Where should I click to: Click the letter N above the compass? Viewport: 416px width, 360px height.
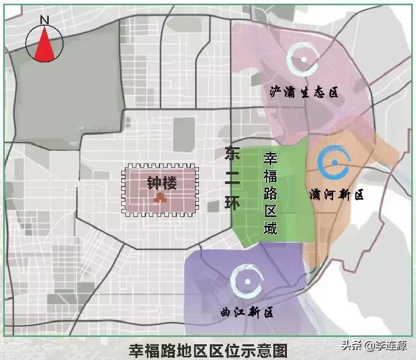coord(45,20)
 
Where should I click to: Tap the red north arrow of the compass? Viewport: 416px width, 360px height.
coord(45,44)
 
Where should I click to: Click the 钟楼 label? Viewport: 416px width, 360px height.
coord(162,183)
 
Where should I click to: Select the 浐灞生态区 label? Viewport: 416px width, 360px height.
coord(304,93)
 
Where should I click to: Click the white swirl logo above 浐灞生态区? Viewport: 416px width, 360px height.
coord(303,59)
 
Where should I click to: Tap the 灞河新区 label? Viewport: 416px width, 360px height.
coord(336,195)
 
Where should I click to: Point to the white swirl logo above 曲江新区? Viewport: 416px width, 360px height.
coord(246,280)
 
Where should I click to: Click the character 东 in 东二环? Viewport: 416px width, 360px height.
coord(231,154)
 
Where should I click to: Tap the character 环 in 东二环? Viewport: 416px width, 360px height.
coord(231,202)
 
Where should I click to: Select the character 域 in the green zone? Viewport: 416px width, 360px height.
coord(270,228)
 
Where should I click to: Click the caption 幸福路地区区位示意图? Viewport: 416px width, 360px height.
coord(208,350)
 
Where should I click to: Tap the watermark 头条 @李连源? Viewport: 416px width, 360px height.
coord(374,345)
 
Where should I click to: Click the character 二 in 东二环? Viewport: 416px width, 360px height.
coord(231,178)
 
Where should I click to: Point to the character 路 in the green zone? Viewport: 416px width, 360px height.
coord(270,193)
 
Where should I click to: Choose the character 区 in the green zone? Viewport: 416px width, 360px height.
coord(270,211)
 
